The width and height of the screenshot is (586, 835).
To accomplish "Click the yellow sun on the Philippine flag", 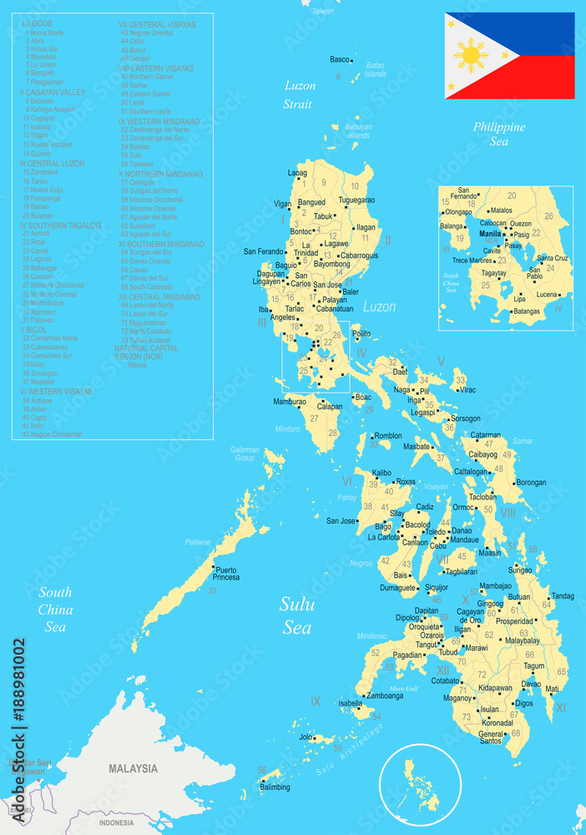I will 472,56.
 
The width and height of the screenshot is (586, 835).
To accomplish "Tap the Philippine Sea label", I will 499,134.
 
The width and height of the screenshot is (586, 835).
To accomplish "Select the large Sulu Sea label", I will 296,615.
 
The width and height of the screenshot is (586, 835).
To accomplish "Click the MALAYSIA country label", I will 133,768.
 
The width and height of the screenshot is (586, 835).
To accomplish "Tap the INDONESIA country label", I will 116,822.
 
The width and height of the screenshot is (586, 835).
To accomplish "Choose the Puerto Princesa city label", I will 227,574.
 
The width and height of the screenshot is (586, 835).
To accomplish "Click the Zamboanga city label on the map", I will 385,696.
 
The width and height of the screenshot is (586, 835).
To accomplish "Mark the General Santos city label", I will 491,737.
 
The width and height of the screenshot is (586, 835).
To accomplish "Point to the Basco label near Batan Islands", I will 339,59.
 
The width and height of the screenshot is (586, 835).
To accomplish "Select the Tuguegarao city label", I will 356,200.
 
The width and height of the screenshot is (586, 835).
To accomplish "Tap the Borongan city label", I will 532,483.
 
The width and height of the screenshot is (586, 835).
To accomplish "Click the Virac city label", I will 467,390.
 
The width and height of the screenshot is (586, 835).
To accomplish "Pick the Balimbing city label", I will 275,787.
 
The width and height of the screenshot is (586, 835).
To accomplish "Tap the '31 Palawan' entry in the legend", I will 39,320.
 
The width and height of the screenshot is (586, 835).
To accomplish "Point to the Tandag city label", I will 563,596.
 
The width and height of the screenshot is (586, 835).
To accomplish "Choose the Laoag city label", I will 297,173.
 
